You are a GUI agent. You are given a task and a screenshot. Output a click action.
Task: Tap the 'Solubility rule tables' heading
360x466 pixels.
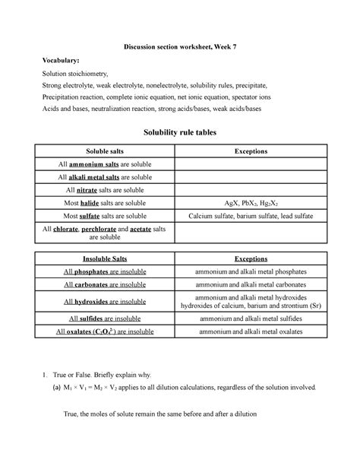coord(180,133)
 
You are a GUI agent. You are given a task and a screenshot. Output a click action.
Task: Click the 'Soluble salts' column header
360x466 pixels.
coord(104,151)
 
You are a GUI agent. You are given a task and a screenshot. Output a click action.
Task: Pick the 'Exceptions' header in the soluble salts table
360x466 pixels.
coord(251,151)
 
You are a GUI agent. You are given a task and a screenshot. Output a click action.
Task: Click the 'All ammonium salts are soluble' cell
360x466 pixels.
coord(104,163)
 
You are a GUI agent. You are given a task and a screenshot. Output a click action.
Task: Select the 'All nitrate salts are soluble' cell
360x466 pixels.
coord(104,189)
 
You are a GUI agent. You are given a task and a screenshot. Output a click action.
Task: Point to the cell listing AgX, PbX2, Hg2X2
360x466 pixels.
coord(251,203)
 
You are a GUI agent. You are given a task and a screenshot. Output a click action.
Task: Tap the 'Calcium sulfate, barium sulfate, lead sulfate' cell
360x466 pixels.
coord(251,216)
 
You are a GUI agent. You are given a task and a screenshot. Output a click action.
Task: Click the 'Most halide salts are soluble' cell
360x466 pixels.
coord(104,203)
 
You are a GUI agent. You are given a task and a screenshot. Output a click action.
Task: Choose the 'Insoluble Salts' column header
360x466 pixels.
coord(104,258)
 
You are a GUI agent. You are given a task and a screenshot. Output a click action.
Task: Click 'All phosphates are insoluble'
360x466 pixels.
coord(104,271)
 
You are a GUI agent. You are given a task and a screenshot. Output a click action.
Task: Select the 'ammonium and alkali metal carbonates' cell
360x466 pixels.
coord(251,284)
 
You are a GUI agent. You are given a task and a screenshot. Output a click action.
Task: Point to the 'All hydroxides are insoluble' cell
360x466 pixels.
coord(104,302)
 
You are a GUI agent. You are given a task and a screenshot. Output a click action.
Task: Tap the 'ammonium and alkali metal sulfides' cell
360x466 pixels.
coord(251,319)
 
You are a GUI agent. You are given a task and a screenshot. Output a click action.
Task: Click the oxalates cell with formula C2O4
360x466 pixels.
coord(104,331)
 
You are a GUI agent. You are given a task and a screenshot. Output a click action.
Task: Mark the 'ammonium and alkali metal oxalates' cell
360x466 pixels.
coord(251,331)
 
